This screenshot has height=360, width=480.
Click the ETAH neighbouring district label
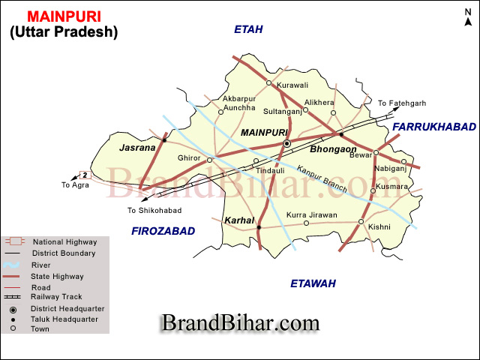[x=248, y=29]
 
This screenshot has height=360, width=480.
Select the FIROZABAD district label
[x=163, y=230]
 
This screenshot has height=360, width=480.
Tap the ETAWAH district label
[x=312, y=283]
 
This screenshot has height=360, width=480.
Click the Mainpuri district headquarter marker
[x=286, y=143]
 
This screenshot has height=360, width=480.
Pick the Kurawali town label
[x=292, y=85]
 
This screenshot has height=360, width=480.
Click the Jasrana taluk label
[x=137, y=148]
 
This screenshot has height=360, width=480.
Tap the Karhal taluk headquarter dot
[x=258, y=227]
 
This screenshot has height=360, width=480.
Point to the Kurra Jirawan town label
[x=311, y=215]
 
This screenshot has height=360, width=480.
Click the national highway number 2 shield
[x=85, y=175]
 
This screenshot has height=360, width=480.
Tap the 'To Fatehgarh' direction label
[x=401, y=103]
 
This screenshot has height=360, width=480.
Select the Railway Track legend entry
[x=57, y=298]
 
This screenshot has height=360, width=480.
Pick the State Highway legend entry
[x=57, y=276]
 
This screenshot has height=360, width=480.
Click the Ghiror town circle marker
[x=210, y=160]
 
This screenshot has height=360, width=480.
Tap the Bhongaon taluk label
[x=333, y=149]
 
